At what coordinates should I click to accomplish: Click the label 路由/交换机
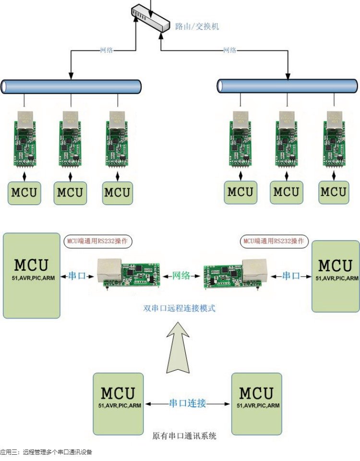[x=197, y=26]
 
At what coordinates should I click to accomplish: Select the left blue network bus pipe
[x=71, y=86]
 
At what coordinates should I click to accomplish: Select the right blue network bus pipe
[x=287, y=86]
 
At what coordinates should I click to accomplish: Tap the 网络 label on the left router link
[x=107, y=49]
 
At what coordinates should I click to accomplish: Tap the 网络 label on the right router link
[x=230, y=49]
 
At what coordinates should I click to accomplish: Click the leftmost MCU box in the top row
[x=24, y=193]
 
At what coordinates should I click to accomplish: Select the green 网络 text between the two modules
[x=181, y=276]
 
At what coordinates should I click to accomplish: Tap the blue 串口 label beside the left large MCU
[x=77, y=276]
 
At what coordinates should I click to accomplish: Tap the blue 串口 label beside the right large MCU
[x=291, y=276]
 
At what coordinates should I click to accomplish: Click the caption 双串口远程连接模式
[x=180, y=308]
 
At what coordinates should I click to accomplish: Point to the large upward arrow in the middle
[x=180, y=348]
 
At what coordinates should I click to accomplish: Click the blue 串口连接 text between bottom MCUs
[x=187, y=403]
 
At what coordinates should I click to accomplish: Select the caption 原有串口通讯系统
[x=184, y=436]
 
